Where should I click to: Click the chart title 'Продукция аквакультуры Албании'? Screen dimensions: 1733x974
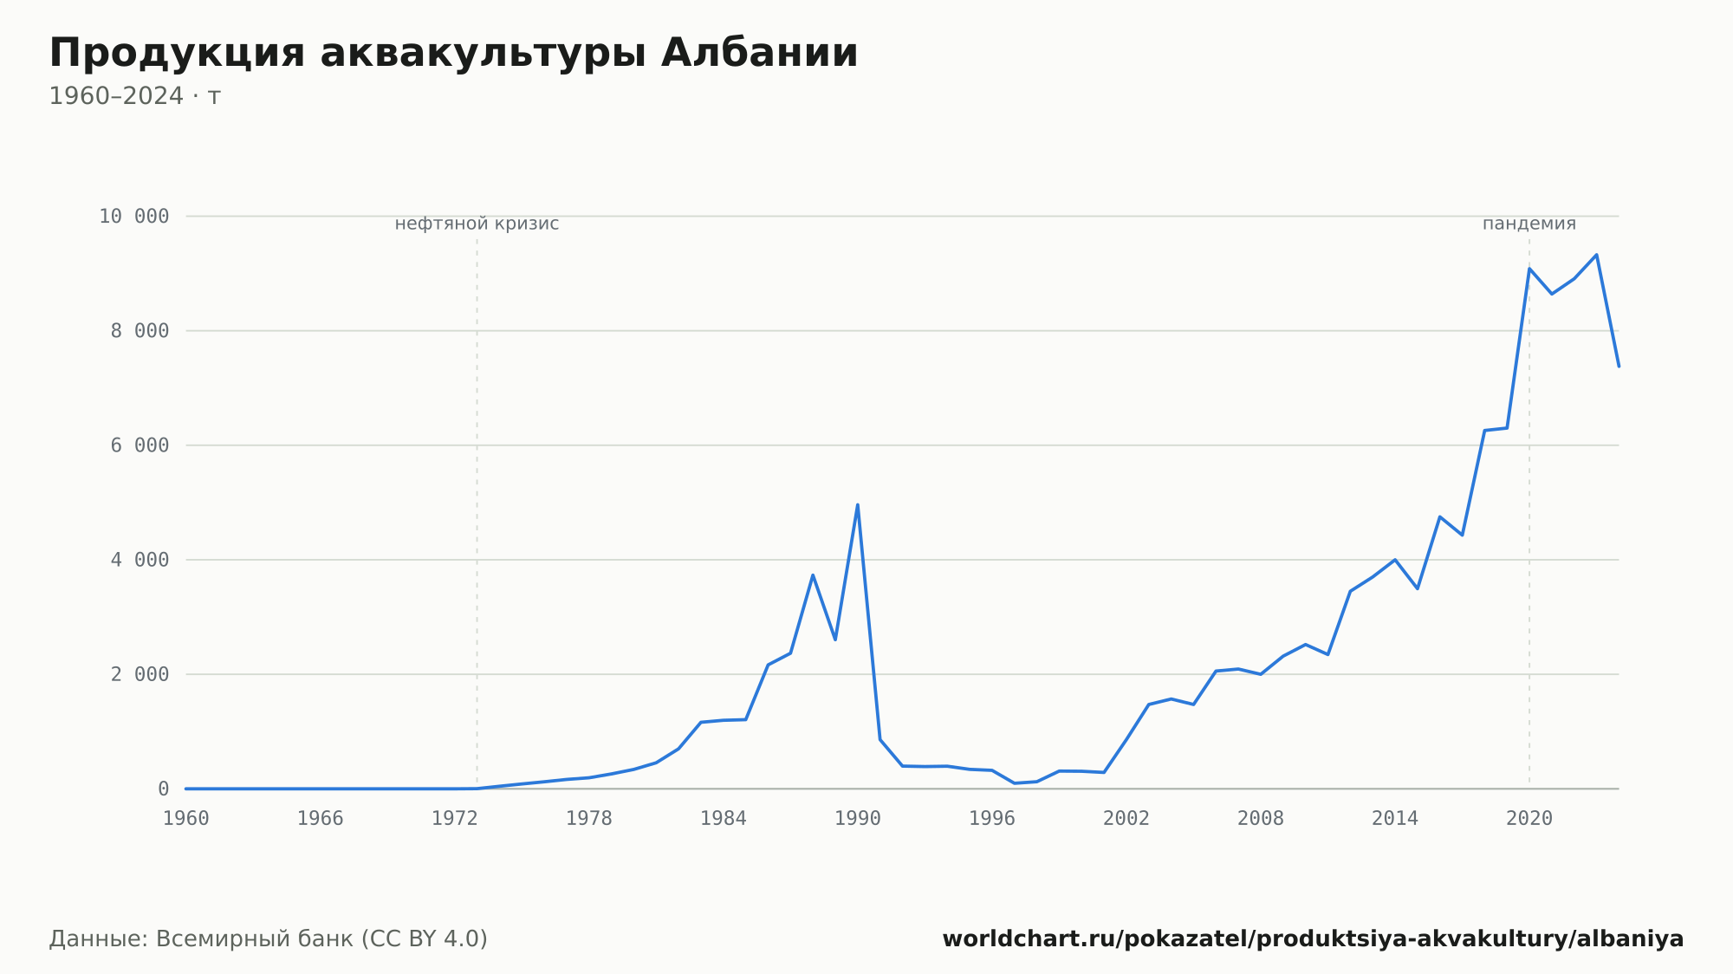tap(453, 53)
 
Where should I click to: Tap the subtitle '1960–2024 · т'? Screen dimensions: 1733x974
tap(134, 96)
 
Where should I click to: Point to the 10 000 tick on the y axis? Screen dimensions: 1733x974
tap(134, 216)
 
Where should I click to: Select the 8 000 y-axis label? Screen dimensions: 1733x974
tap(140, 331)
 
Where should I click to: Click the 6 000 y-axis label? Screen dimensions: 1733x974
tap(140, 445)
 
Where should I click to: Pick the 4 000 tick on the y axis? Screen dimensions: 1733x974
tap(140, 560)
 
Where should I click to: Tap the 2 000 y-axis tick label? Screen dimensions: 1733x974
tap(140, 674)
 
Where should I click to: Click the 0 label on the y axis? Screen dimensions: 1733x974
tap(164, 789)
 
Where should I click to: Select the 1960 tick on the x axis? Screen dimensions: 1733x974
tap(186, 819)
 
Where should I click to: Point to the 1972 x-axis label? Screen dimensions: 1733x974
tap(455, 819)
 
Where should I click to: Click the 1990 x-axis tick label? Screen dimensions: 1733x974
tap(858, 819)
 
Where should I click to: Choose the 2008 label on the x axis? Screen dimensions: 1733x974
tap(1261, 819)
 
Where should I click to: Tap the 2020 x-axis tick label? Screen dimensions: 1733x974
tap(1529, 819)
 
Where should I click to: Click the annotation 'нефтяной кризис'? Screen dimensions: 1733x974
tap(477, 224)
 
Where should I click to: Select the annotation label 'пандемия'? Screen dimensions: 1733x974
tap(1529, 224)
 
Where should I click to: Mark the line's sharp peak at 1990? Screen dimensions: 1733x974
tap(858, 504)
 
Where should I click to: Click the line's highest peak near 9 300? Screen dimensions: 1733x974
tap(1596, 255)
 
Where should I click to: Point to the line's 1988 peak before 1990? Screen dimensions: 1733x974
tap(813, 575)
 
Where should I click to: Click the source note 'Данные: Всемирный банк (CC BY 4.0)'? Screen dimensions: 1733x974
tap(269, 939)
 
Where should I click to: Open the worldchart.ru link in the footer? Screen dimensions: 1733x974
tap(1313, 939)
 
